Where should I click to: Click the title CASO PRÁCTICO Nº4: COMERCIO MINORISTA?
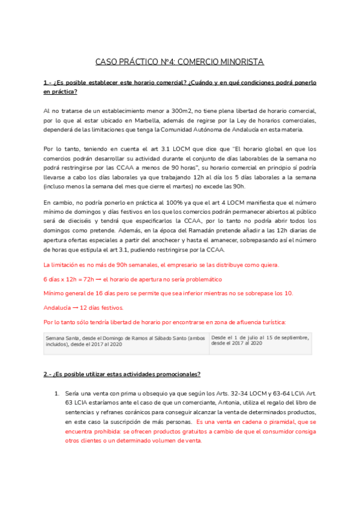pos(179,62)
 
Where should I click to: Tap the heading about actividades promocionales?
pos(121,374)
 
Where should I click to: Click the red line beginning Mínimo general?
pos(169,293)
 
